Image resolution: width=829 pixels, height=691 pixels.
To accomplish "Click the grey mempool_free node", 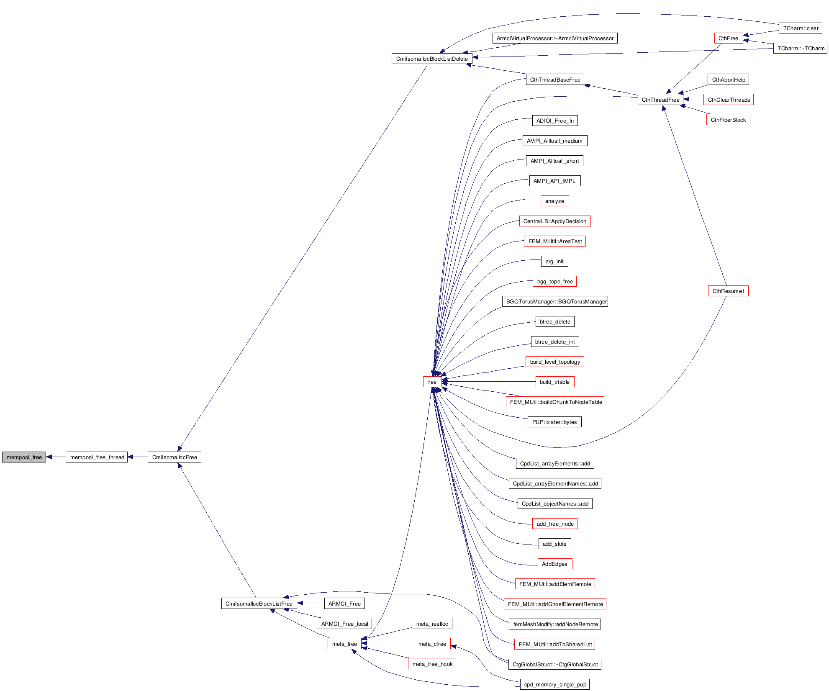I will [24, 457].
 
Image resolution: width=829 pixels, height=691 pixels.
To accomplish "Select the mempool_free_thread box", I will [97, 457].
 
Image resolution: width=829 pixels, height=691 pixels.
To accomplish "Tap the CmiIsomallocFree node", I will [175, 457].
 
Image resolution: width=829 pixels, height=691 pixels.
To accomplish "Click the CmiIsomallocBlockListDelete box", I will [432, 59].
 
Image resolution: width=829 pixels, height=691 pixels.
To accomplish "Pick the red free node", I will [432, 382].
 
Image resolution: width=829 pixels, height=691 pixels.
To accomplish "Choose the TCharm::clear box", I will [801, 28].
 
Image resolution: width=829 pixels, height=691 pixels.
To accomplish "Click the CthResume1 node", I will [728, 291].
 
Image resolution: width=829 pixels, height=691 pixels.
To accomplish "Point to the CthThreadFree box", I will [660, 100].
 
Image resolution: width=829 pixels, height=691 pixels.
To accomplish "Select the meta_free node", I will [344, 644].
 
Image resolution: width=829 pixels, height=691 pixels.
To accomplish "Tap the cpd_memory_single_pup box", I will [555, 684].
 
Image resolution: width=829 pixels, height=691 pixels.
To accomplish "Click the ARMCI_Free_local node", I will [344, 624].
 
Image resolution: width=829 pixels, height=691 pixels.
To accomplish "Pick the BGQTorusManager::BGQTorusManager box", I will [555, 301].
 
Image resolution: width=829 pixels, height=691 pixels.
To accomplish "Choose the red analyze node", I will [554, 201].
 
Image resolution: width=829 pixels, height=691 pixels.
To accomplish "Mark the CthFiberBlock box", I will [728, 120].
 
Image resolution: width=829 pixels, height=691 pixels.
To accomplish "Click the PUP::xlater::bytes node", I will [554, 422].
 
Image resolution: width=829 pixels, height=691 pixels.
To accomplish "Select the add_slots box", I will [554, 544].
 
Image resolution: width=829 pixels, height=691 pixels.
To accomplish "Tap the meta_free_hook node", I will [432, 664].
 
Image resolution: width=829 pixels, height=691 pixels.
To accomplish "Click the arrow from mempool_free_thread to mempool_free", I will [56, 457].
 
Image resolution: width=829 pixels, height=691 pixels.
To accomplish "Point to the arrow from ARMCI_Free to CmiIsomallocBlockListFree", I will [311, 603].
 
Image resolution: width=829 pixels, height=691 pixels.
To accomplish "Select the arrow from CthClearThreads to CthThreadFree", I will [693, 100].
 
